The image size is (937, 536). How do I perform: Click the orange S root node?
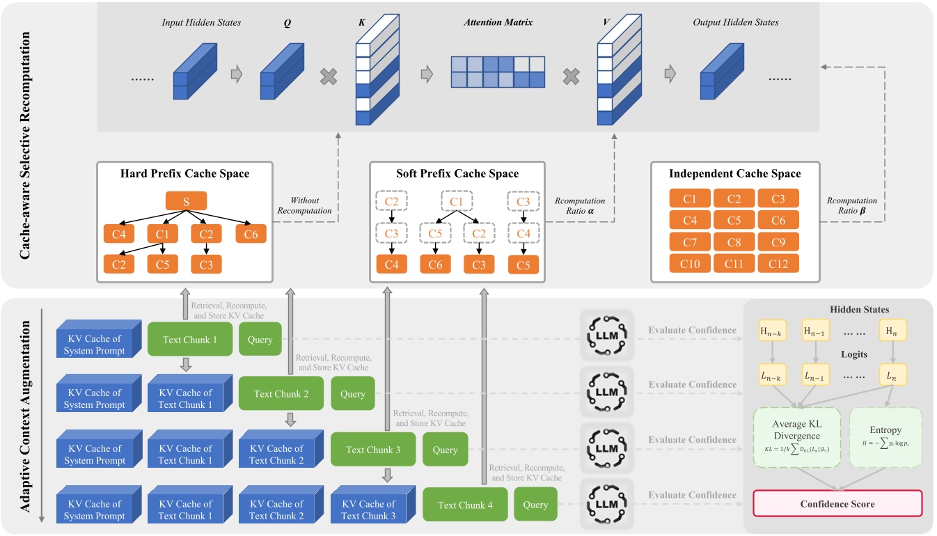point(185,200)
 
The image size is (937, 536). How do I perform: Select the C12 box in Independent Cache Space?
point(778,263)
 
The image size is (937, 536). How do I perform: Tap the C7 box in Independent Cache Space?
point(690,242)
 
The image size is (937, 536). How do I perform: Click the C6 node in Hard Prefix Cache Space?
point(251,234)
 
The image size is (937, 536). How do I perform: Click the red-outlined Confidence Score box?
point(838,503)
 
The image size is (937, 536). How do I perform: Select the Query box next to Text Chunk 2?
point(352,393)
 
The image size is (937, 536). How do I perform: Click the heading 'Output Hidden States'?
point(735,23)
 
